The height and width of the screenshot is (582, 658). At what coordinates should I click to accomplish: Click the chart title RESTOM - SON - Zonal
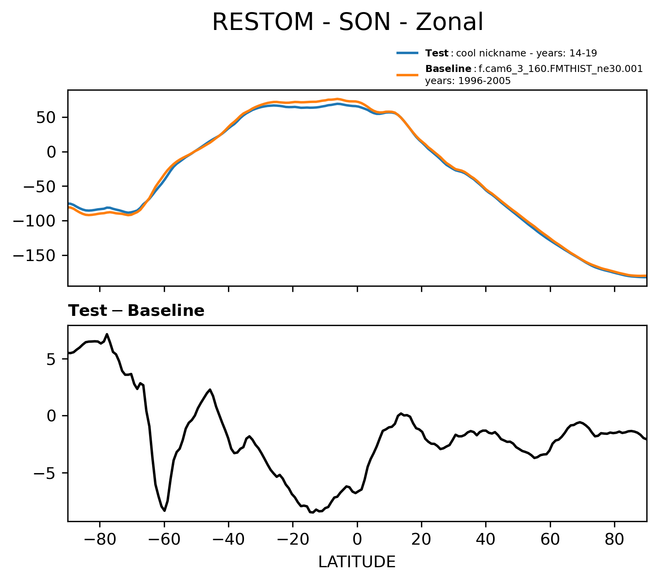coord(347,22)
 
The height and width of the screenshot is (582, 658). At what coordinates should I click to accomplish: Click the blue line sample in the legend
coord(407,53)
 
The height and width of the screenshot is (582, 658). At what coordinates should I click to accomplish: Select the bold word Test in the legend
coord(437,53)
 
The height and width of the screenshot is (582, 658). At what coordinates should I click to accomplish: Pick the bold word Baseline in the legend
coord(448,69)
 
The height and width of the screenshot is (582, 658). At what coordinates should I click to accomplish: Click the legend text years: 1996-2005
coord(468,81)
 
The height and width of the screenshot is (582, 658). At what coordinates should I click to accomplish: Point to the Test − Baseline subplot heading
coord(136,311)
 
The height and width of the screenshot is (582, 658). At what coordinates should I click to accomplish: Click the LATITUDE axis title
coord(357,562)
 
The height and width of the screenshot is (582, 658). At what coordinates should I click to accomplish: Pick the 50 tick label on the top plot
coord(46,117)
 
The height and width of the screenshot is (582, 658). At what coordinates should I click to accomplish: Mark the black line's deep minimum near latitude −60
coord(165,510)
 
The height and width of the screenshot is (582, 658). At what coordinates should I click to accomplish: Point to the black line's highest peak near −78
coord(107,334)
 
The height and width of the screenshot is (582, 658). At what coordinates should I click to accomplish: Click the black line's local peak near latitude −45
coord(210,389)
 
